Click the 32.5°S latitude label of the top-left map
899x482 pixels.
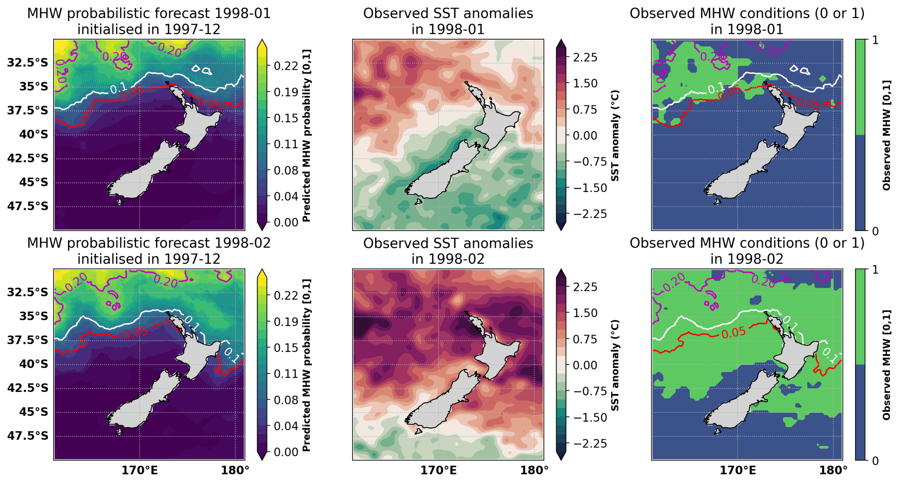coord(27,63)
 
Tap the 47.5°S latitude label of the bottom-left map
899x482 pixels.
coord(27,436)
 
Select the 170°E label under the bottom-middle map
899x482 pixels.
coord(438,470)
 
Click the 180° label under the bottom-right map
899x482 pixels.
coord(833,470)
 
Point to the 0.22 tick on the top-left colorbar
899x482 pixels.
coord(286,66)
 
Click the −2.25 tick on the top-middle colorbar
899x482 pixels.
coord(590,214)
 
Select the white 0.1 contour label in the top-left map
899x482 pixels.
coord(118,87)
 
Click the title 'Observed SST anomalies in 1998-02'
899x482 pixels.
coord(448,251)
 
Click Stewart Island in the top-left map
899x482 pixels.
coord(119,202)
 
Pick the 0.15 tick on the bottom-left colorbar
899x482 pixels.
coord(286,348)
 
